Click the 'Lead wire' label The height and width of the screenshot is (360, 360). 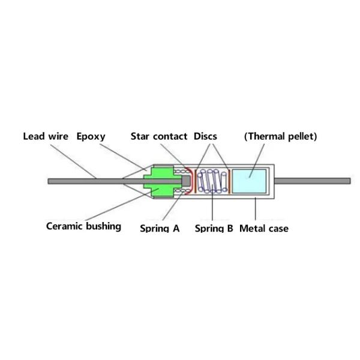pyautogui.click(x=46, y=136)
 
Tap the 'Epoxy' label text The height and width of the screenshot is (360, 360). pyautogui.click(x=91, y=136)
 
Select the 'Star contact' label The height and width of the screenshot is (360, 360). pyautogui.click(x=159, y=136)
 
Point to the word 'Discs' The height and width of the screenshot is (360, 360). pyautogui.click(x=205, y=136)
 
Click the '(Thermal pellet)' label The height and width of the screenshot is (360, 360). pyautogui.click(x=280, y=136)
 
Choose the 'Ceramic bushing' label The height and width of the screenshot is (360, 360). pyautogui.click(x=83, y=226)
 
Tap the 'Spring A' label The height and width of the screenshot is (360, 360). pyautogui.click(x=160, y=228)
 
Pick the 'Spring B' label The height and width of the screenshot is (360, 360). pyautogui.click(x=214, y=228)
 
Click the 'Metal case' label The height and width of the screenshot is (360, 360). pyautogui.click(x=264, y=228)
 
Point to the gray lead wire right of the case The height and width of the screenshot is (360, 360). pyautogui.click(x=312, y=181)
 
